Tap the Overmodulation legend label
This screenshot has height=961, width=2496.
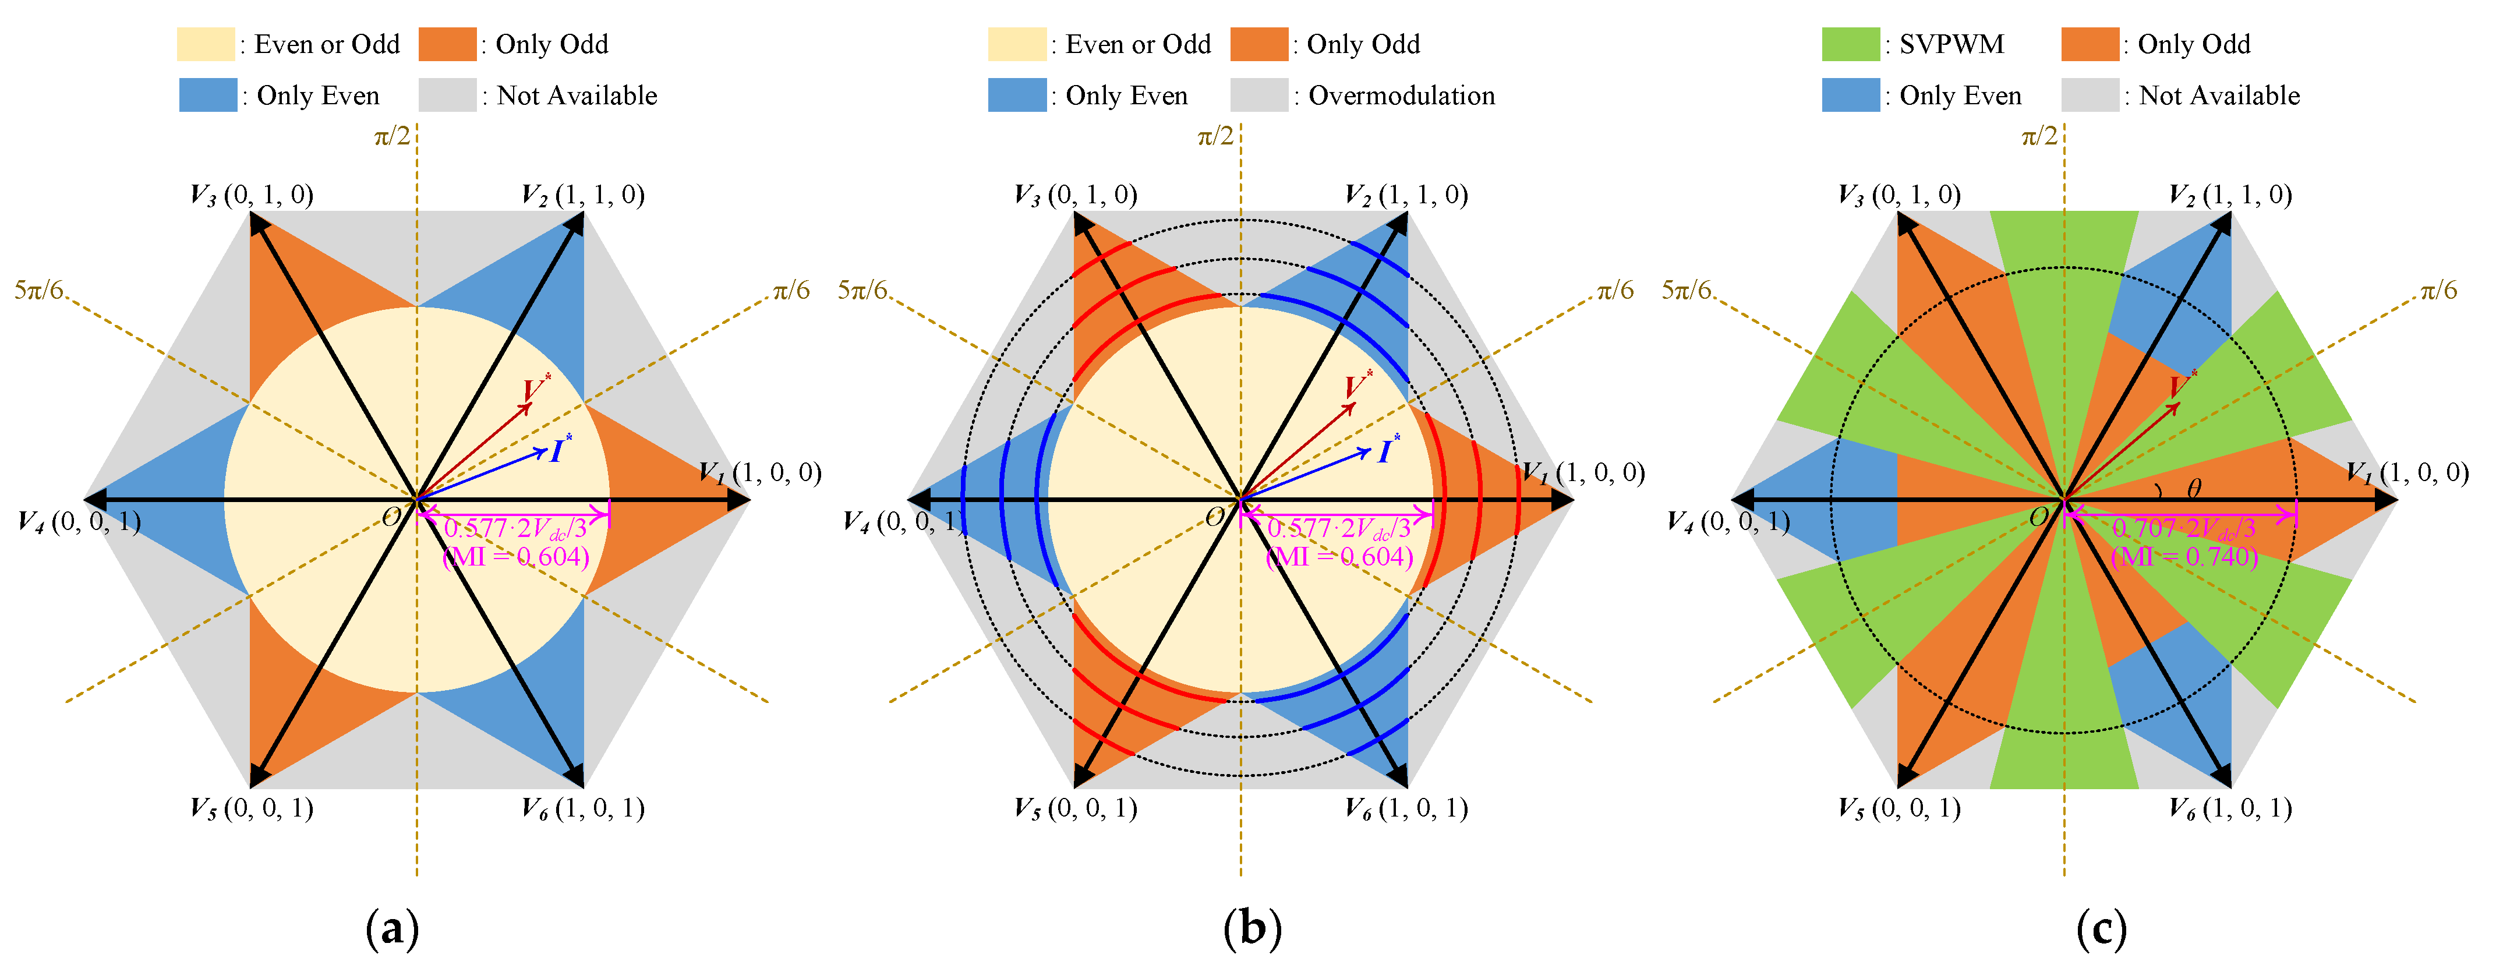[x=1401, y=96]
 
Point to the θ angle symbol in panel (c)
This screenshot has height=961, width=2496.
[x=2194, y=488]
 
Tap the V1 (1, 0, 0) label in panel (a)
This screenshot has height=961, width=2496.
[x=761, y=473]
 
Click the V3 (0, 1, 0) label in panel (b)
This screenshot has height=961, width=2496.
[x=1076, y=195]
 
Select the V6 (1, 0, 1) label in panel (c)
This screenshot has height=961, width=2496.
[x=2230, y=808]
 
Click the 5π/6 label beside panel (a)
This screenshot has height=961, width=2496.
[x=39, y=289]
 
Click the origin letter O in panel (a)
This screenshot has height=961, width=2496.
[x=391, y=517]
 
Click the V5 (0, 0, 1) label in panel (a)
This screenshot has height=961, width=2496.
[x=252, y=808]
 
